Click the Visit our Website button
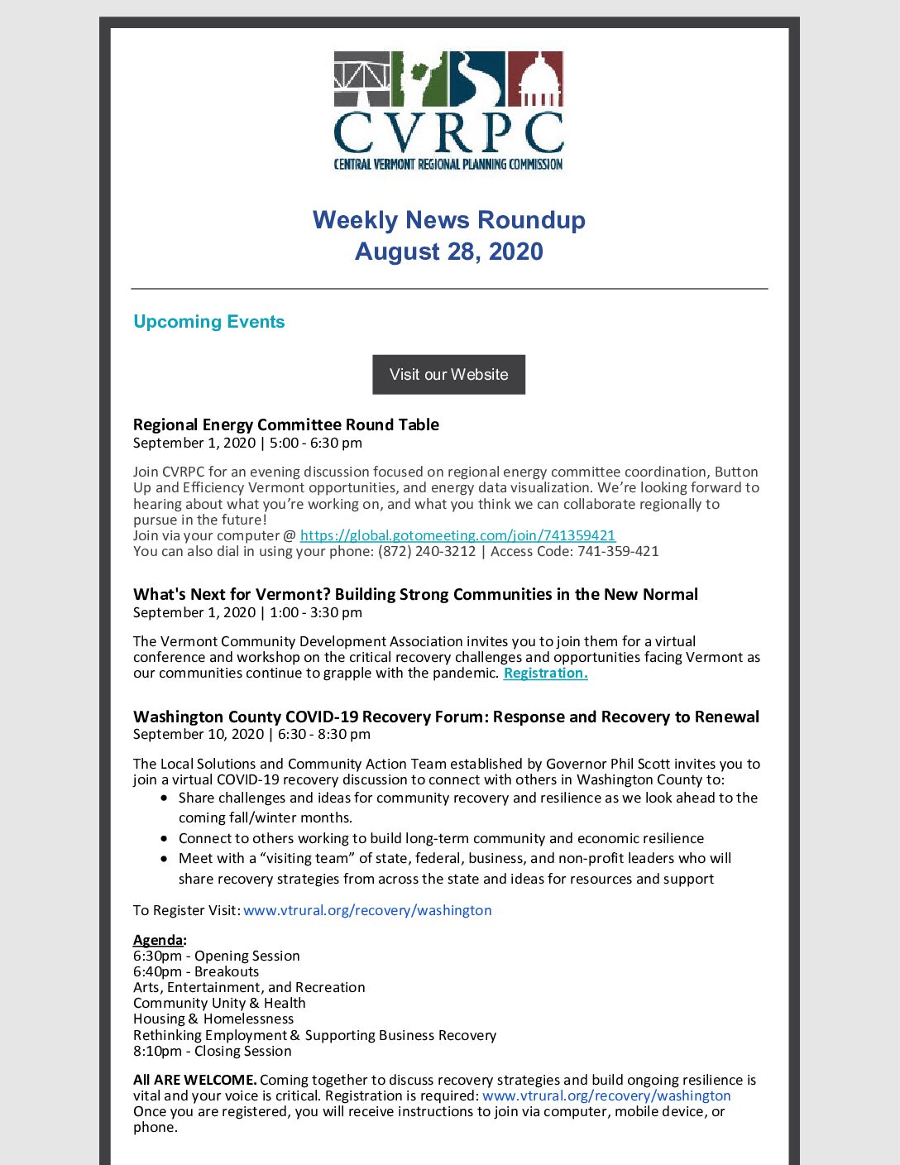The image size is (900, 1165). pyautogui.click(x=448, y=375)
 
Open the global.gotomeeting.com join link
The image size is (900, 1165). pyautogui.click(x=457, y=535)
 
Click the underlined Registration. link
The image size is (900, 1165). pyautogui.click(x=545, y=673)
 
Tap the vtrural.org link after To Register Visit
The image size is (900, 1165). pyautogui.click(x=367, y=910)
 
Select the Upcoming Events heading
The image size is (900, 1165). pyautogui.click(x=208, y=322)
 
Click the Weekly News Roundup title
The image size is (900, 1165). pyautogui.click(x=448, y=220)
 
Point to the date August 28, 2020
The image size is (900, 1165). pyautogui.click(x=448, y=252)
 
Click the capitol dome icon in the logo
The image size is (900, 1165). pyautogui.click(x=535, y=79)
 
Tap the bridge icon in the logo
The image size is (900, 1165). pyautogui.click(x=361, y=79)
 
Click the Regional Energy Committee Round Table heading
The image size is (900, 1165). pyautogui.click(x=285, y=424)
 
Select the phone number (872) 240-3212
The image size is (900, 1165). pyautogui.click(x=427, y=551)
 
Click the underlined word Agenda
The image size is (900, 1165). pyautogui.click(x=158, y=940)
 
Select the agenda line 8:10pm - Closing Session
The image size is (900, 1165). pyautogui.click(x=213, y=1051)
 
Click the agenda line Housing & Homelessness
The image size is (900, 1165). pyautogui.click(x=213, y=1019)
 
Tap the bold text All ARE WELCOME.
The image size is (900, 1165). pyautogui.click(x=194, y=1080)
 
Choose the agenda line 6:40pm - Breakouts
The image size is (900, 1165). pyautogui.click(x=196, y=971)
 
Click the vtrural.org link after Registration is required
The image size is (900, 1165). pyautogui.click(x=606, y=1095)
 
